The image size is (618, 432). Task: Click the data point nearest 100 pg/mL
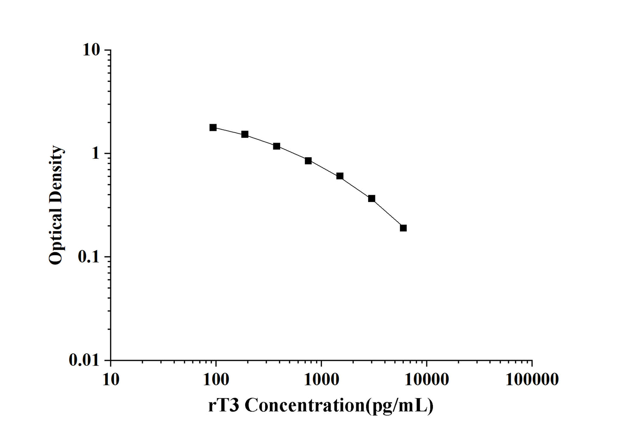[x=213, y=128]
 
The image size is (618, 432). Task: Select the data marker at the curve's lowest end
[x=403, y=228]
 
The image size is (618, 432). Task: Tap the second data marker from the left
[x=245, y=134]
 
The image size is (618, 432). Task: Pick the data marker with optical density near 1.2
[x=277, y=146]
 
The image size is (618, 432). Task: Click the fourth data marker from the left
[x=308, y=161]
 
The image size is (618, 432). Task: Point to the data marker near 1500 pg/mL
[x=340, y=176]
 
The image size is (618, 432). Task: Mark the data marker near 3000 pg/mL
[x=372, y=199]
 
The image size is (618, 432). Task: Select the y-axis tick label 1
[x=95, y=154]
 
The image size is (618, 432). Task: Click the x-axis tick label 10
[x=111, y=380]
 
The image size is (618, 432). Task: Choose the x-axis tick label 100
[x=216, y=380]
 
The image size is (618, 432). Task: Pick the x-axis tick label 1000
[x=321, y=380]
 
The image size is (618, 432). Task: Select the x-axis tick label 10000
[x=426, y=380]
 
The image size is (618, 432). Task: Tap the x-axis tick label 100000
[x=532, y=380]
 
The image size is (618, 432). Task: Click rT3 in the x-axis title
[x=224, y=405]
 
